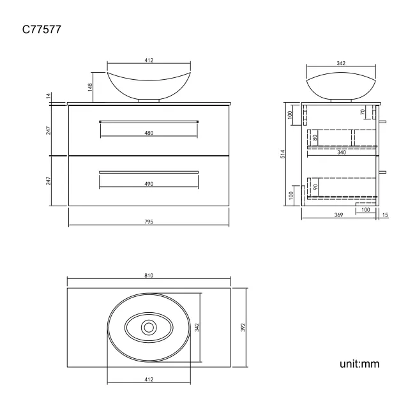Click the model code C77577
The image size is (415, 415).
(x=42, y=29)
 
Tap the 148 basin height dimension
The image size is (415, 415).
(x=91, y=86)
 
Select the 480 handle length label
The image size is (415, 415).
(x=149, y=133)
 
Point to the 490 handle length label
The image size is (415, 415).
(x=149, y=184)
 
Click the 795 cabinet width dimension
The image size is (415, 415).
(x=149, y=222)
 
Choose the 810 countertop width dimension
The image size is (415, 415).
(x=149, y=275)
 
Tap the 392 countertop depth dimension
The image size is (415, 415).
(x=243, y=327)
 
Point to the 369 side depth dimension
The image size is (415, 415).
(x=339, y=215)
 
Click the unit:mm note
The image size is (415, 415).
(x=359, y=365)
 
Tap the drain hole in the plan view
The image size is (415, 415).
(x=149, y=327)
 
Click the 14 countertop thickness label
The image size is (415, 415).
(x=48, y=96)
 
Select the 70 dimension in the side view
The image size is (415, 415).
(x=363, y=112)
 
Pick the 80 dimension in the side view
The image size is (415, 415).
(x=315, y=137)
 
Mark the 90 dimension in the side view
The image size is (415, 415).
(x=315, y=187)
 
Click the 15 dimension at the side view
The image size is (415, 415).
(x=386, y=215)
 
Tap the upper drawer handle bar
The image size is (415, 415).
(x=149, y=121)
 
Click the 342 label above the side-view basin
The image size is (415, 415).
(x=341, y=63)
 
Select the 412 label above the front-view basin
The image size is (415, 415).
(x=149, y=60)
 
